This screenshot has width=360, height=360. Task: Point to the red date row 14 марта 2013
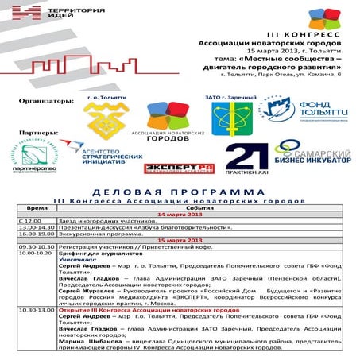click(181, 215)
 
